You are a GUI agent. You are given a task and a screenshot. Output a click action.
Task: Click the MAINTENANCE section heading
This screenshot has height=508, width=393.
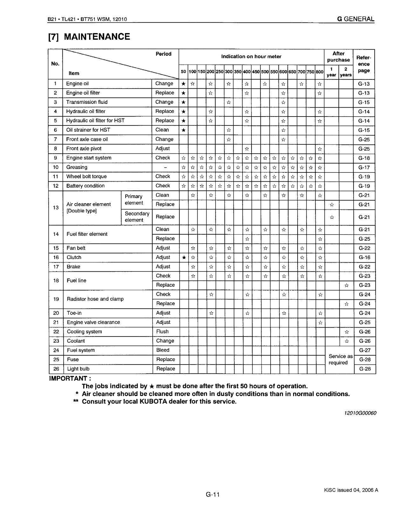coord(89,37)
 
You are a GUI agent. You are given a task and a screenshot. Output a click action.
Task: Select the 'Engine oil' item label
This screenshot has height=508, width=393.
coord(77,84)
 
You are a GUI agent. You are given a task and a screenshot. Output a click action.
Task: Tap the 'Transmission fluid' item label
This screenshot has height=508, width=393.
coord(87,102)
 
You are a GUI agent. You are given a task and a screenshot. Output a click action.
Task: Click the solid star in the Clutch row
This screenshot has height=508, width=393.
coord(184,257)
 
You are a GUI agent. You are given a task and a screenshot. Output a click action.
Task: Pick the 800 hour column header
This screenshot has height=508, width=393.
coord(320,72)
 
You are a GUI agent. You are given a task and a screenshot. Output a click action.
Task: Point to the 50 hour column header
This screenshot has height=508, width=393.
coord(183,72)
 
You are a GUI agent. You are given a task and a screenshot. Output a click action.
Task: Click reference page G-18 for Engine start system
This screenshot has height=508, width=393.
coord(364,158)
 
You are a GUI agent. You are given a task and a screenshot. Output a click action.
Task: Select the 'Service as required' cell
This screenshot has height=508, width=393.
coord(341,359)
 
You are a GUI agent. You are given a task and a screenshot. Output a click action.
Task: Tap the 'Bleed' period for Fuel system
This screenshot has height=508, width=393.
coord(163,350)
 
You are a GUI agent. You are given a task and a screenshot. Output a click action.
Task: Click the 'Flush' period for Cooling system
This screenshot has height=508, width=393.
coord(162,331)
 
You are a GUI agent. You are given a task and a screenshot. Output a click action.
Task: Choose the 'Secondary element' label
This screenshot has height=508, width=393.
coord(137,217)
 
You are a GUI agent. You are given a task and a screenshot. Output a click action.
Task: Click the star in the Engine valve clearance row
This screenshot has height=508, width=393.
coord(320,323)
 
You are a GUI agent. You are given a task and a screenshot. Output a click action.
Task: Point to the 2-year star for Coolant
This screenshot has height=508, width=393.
coord(347,341)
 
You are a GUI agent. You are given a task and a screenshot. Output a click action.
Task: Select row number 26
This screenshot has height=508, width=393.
coord(56,369)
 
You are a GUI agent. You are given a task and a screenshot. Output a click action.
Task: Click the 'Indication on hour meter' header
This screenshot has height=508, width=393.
coord(251,57)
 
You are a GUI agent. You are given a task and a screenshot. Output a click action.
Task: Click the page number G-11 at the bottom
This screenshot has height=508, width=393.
coord(213,494)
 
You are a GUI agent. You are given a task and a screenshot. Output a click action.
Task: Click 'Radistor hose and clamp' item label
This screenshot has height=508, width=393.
coord(95,299)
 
